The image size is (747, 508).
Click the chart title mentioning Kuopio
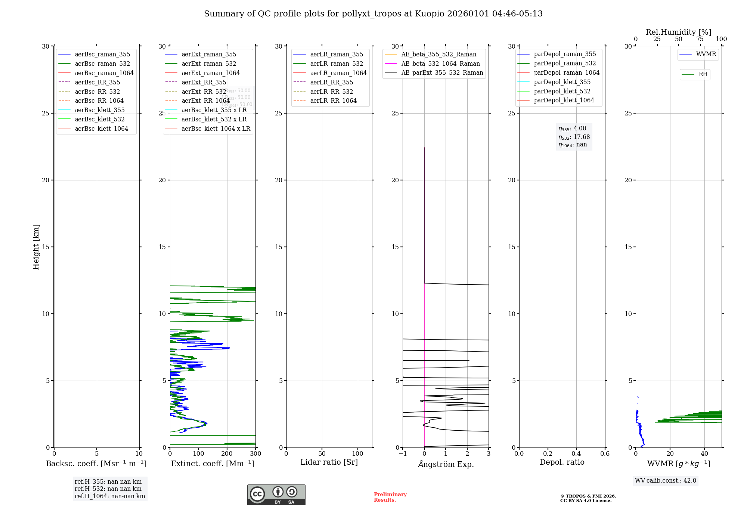(x=373, y=14)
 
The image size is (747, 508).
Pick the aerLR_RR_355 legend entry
(x=331, y=82)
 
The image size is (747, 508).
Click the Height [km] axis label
(x=36, y=247)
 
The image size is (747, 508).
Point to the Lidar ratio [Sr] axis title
(x=329, y=462)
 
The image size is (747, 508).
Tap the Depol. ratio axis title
(x=562, y=462)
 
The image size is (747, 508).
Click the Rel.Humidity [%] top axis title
(x=678, y=32)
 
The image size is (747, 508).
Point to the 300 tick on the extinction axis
(x=255, y=454)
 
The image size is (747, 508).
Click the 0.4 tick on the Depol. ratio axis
(x=576, y=454)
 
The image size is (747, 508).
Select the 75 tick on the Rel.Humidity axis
(x=700, y=39)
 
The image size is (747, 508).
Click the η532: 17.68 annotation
(x=574, y=137)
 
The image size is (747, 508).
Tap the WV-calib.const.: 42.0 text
(x=666, y=481)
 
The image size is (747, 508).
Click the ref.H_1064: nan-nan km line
(x=110, y=496)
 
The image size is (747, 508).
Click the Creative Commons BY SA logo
(x=276, y=495)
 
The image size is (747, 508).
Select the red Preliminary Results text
(x=390, y=497)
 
